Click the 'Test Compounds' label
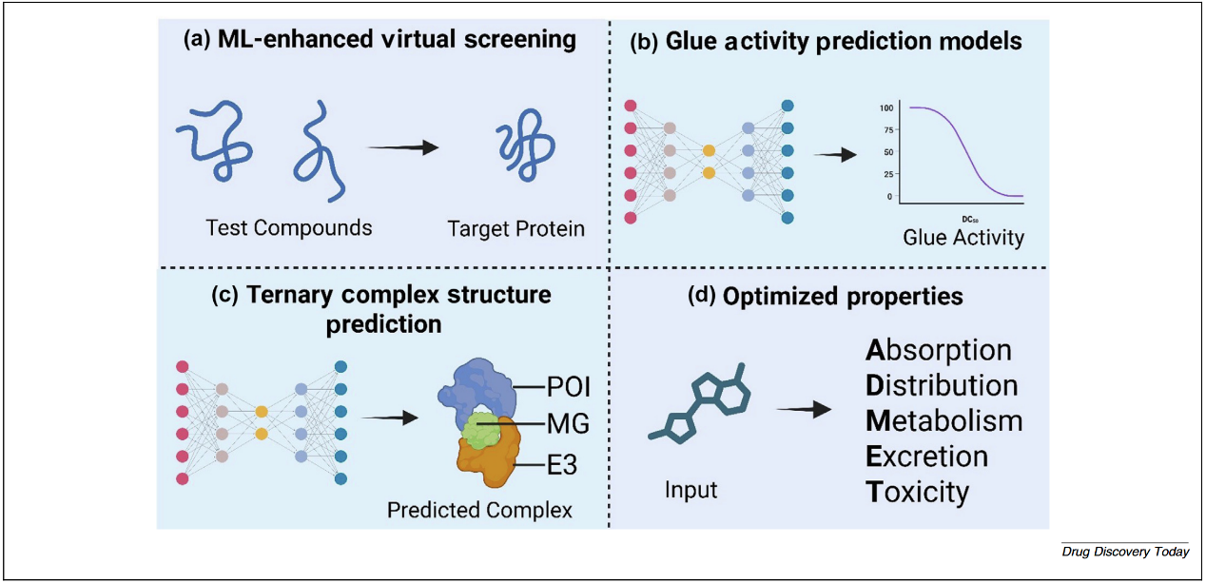pyautogui.click(x=289, y=227)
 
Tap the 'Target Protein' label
pyautogui.click(x=516, y=228)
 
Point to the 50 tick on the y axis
pyautogui.click(x=888, y=152)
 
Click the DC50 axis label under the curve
pyautogui.click(x=964, y=219)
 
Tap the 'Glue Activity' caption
pyautogui.click(x=963, y=237)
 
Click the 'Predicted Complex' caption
pyautogui.click(x=479, y=510)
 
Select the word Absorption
pyautogui.click(x=938, y=350)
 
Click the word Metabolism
pyautogui.click(x=943, y=420)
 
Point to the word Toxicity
pyautogui.click(x=917, y=491)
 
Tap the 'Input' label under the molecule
pyautogui.click(x=691, y=491)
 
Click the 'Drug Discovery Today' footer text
pyautogui.click(x=1125, y=552)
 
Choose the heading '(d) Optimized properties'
pyautogui.click(x=825, y=296)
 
